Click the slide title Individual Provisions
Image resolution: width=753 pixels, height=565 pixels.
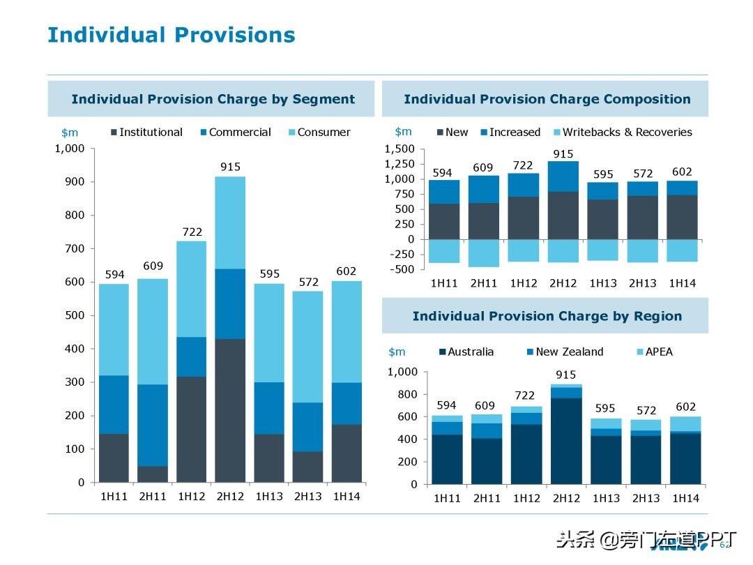click(x=171, y=35)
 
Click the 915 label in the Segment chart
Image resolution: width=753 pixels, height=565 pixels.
click(x=230, y=167)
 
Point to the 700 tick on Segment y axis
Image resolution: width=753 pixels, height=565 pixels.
click(x=74, y=248)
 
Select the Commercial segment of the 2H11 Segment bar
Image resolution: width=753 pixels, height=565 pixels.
click(x=153, y=425)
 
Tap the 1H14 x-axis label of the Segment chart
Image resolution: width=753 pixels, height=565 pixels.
click(x=346, y=497)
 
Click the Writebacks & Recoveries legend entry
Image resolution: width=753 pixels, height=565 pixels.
click(x=627, y=132)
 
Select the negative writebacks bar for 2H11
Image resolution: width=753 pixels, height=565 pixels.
click(x=483, y=253)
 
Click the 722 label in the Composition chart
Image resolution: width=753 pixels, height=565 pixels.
click(x=523, y=165)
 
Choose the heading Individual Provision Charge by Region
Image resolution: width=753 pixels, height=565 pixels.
click(x=547, y=316)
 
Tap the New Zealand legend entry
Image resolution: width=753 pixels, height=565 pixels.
click(x=569, y=352)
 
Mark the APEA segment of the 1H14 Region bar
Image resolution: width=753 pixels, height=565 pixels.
click(x=685, y=423)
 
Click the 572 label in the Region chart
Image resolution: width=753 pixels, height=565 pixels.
click(x=645, y=410)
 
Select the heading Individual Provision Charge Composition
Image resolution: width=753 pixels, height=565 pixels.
click(x=547, y=99)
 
